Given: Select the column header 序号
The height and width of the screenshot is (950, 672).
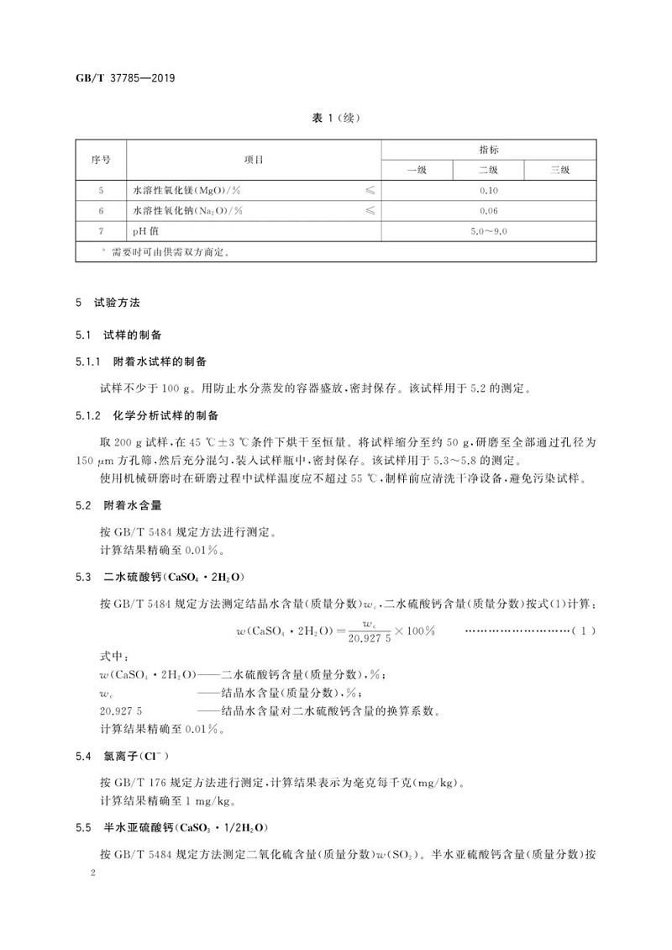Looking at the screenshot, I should [100, 159].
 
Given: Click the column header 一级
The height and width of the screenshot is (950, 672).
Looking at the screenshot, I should [417, 170].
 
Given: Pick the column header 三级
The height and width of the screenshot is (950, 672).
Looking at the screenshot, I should [559, 170].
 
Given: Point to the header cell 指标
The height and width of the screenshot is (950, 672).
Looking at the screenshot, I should [488, 149].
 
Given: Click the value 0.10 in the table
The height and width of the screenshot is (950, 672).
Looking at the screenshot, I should [488, 191].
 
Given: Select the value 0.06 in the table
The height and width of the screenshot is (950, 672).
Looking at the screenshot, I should [488, 210].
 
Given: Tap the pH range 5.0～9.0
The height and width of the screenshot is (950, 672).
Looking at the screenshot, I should [488, 230].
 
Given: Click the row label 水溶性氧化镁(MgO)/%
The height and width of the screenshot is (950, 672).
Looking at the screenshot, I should [188, 191].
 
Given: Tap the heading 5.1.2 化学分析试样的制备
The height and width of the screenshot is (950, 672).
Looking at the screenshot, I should [151, 415].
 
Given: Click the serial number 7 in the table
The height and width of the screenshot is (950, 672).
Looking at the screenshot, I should [100, 230].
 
